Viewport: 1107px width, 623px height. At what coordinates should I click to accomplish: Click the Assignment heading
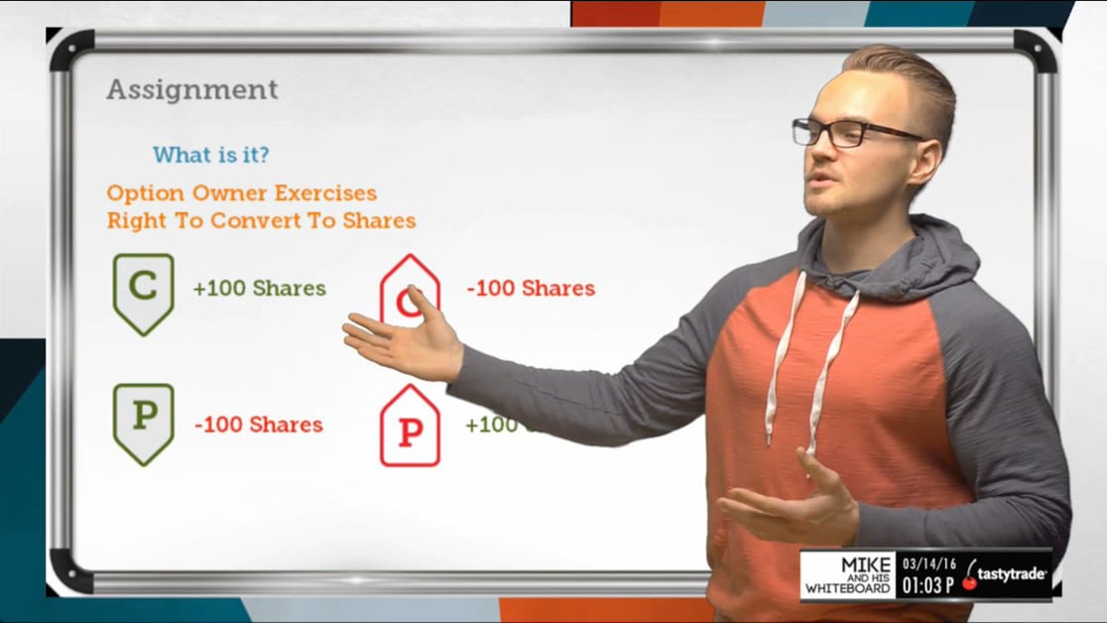pos(192,90)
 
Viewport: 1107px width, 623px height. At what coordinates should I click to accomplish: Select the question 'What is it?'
pos(210,155)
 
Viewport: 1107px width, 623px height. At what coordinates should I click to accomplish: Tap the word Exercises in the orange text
pos(325,192)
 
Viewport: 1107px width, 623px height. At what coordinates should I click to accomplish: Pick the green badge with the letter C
pos(143,292)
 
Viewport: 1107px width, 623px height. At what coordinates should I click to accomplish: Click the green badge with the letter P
pos(143,422)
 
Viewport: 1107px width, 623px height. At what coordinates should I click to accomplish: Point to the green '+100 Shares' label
pos(259,289)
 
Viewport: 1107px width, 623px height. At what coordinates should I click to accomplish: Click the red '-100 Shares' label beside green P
pos(259,425)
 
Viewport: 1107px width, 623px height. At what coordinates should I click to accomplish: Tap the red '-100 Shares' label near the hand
pos(531,289)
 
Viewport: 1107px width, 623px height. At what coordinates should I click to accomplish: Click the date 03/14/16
pos(928,563)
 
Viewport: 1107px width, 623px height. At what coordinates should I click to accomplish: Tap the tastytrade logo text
pos(1012,574)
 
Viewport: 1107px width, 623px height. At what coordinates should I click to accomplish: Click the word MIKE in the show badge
pos(865,564)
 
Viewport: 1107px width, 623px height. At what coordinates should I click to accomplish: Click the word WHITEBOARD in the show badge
pos(847,589)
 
